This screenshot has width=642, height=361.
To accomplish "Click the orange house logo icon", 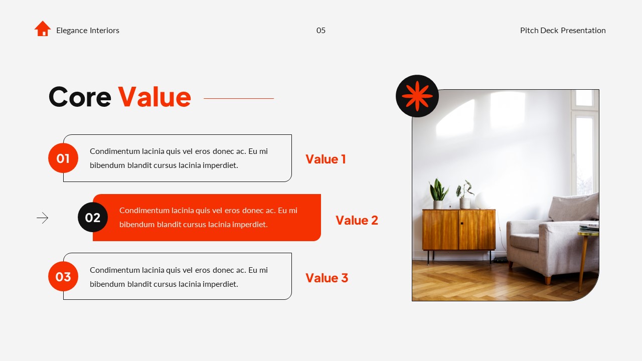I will (43, 29).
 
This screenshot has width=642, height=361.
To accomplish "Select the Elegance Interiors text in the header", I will (87, 31).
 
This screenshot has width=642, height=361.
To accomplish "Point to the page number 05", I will (321, 31).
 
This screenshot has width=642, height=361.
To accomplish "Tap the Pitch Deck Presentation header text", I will (563, 31).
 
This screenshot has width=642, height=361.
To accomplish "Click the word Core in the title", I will (80, 97).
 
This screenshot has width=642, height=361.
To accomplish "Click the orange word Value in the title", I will (154, 97).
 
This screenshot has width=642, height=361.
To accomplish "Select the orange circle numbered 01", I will (63, 158).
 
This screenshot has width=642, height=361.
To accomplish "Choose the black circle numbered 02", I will (93, 217).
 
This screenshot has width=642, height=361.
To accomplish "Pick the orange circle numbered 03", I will (63, 276).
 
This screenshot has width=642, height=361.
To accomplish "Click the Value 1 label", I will (326, 159).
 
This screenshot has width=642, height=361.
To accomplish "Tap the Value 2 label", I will (357, 221).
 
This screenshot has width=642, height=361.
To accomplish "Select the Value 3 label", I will (327, 278).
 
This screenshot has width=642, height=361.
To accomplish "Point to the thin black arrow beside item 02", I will (43, 218).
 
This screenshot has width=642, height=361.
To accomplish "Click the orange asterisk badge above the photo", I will (417, 96).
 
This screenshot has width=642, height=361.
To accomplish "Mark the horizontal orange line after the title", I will (239, 98).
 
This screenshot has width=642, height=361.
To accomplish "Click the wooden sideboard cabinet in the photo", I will (458, 230).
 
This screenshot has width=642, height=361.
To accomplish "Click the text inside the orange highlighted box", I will (208, 218).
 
